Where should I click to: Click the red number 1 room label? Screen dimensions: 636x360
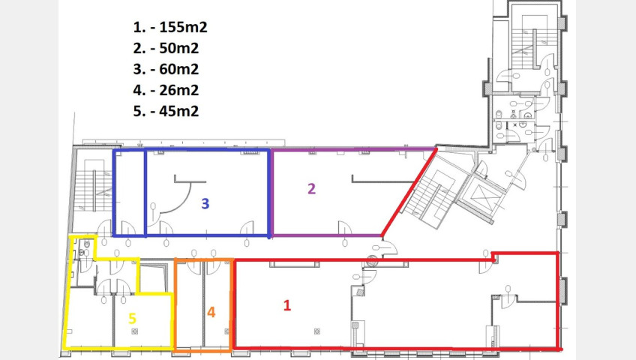286,305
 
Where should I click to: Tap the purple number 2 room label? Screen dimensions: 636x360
311,188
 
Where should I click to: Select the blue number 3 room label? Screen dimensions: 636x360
205,203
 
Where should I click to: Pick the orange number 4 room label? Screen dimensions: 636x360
211,312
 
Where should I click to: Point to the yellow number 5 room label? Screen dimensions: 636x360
132,319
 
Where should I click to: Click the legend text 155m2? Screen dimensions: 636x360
183,27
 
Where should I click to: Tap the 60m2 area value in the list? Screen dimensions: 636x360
178,69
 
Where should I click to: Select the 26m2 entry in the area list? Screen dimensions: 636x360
178,90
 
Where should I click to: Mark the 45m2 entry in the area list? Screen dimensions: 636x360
178,111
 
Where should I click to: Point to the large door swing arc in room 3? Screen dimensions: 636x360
184,202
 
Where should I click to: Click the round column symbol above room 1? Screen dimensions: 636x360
372,262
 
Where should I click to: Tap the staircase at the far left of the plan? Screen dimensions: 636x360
93,190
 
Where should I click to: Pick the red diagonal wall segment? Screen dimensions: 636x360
409,192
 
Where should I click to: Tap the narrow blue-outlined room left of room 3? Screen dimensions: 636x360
130,193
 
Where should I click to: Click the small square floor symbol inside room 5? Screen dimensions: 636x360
135,331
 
